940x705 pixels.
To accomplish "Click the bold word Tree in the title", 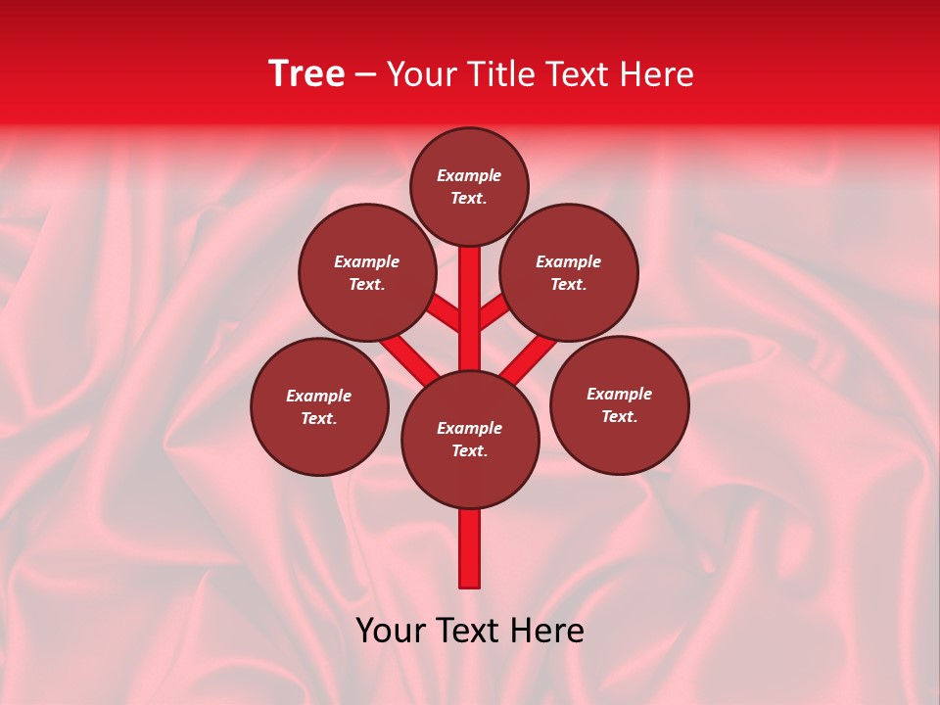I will [306, 74].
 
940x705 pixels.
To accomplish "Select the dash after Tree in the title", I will [365, 75].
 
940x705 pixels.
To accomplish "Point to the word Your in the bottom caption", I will [393, 631].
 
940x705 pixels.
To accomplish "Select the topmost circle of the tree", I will [469, 187].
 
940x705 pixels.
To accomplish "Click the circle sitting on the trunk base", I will [470, 440].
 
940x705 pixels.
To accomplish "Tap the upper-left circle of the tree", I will [367, 272].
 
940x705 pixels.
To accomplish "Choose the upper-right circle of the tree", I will [569, 272].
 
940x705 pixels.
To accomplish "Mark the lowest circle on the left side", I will [319, 406].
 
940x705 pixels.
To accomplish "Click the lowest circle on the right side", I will [620, 405].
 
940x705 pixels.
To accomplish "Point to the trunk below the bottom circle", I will [470, 548].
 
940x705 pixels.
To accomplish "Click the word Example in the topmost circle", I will [469, 175].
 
